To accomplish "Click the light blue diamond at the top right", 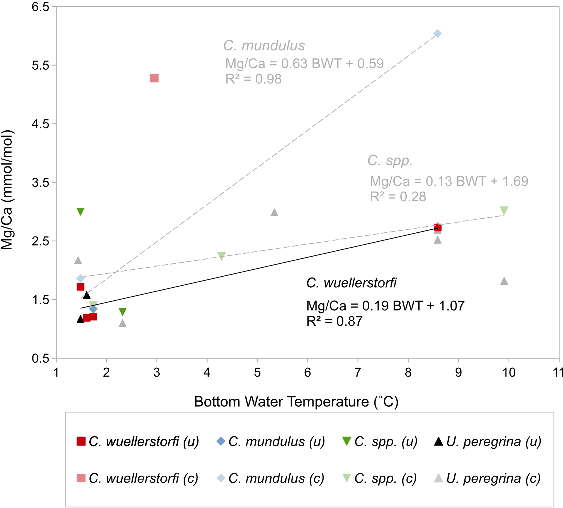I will click(x=438, y=34).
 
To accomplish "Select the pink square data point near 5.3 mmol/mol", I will click(x=154, y=78).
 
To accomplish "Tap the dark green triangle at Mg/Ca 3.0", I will click(x=80, y=211).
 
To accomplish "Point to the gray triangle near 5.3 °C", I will click(x=274, y=213).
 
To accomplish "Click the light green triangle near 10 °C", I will click(x=504, y=210).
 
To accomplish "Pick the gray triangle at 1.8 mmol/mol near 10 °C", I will click(x=504, y=281).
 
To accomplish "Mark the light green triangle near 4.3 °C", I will click(x=221, y=256).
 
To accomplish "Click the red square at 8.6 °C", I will click(x=438, y=228).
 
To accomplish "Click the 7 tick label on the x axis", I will click(x=358, y=372).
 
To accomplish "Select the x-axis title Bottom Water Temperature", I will click(x=296, y=402).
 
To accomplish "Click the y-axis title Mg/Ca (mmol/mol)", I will click(x=7, y=190).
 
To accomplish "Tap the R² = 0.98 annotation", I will click(x=253, y=79).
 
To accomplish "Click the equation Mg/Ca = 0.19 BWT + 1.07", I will click(x=385, y=306).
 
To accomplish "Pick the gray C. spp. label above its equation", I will click(x=390, y=161).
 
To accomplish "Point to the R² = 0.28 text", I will click(x=398, y=197).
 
